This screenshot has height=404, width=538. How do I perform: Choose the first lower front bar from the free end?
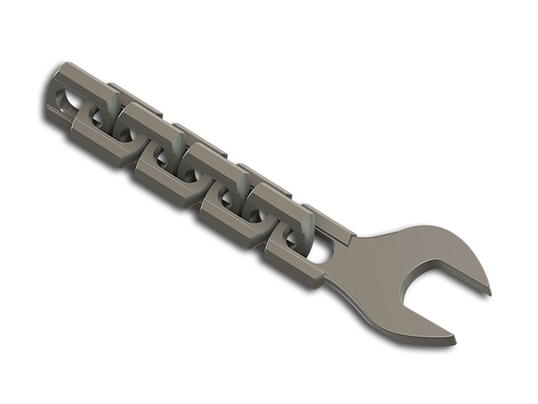tap(98, 140)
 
